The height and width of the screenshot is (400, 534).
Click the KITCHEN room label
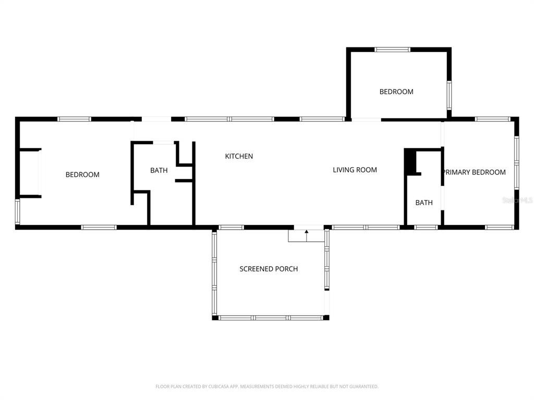point(239,156)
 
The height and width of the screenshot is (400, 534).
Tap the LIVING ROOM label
point(355,170)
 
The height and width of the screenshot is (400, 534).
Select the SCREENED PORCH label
point(269,269)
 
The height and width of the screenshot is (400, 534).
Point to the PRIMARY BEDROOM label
point(475,172)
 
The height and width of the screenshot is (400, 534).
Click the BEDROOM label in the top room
point(396,92)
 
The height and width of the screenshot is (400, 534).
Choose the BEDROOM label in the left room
point(82,174)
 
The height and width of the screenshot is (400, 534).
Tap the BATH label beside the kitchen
point(159,170)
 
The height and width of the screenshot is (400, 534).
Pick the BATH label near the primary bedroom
point(424,203)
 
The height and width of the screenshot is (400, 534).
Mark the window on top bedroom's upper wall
point(393,49)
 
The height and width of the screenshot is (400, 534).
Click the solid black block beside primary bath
point(410,161)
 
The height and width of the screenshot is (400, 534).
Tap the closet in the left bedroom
point(29,173)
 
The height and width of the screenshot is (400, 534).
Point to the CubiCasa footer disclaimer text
point(267,386)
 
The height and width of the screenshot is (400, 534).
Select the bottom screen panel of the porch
point(271,318)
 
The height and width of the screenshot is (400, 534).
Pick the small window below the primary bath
point(426,227)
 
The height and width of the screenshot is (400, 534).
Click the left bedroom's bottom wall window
point(99,227)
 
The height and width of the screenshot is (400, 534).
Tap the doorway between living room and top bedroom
point(366,119)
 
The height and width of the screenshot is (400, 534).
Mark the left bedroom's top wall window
point(74,119)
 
